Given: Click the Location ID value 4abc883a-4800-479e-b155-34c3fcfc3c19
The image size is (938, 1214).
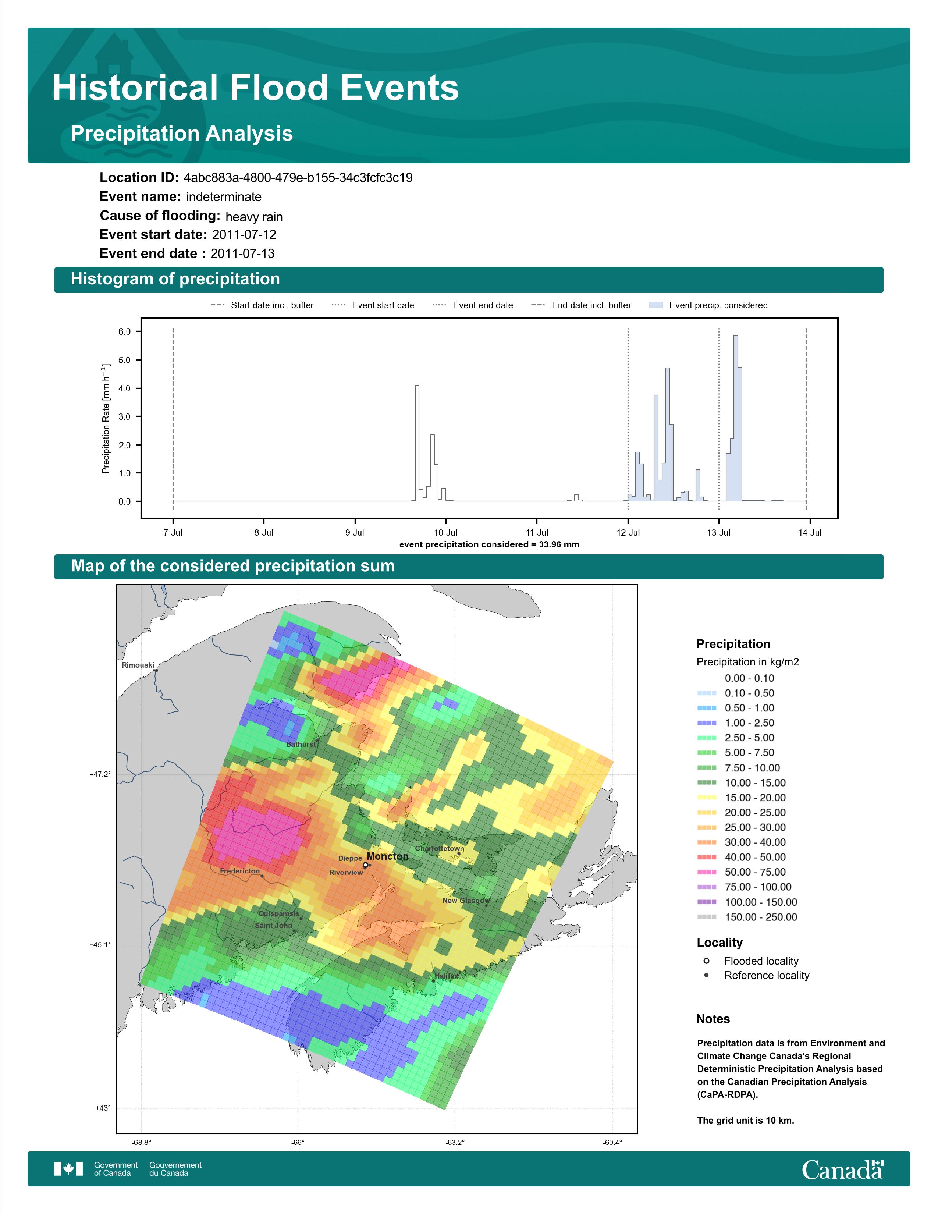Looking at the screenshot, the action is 298,178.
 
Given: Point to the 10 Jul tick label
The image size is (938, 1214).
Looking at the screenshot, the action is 446,533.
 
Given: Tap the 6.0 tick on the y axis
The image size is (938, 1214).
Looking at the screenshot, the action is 124,332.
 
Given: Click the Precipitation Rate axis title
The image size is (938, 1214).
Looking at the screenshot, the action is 106,419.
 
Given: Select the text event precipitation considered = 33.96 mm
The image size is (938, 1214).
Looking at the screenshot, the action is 489,545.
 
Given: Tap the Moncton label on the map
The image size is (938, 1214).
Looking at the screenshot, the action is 387,856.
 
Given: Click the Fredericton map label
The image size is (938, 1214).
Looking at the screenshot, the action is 239,871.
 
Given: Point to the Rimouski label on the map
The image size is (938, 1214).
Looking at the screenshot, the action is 138,665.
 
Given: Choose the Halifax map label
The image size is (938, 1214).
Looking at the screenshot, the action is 447,976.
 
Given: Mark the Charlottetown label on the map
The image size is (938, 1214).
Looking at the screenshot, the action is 440,849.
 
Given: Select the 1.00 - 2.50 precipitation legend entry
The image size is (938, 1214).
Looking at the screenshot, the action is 735,723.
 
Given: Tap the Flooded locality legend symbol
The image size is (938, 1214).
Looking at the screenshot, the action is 706,961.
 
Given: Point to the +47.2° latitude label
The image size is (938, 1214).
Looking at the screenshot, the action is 100,774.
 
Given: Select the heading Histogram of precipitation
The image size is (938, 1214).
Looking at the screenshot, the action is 175,279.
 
